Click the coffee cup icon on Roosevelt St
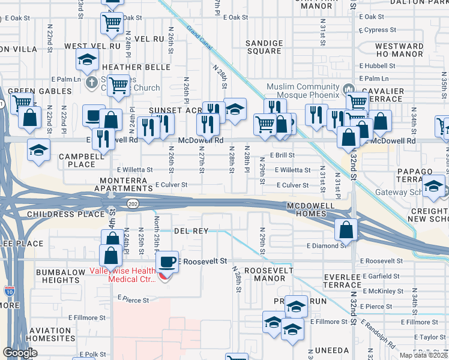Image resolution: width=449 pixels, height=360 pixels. click(x=167, y=262)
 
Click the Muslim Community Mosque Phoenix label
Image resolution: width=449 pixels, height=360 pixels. click(x=303, y=91)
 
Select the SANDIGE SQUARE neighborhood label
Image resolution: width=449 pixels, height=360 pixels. click(x=264, y=47)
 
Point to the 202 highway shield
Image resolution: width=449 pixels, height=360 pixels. click(x=132, y=205)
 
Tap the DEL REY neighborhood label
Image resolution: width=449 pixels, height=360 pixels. click(x=191, y=231)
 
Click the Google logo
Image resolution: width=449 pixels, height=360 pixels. click(x=20, y=353)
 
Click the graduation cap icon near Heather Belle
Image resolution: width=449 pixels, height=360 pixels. click(x=88, y=60)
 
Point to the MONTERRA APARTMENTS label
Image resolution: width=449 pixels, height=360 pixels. click(x=122, y=184)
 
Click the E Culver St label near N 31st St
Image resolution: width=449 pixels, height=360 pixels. click(x=292, y=186)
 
